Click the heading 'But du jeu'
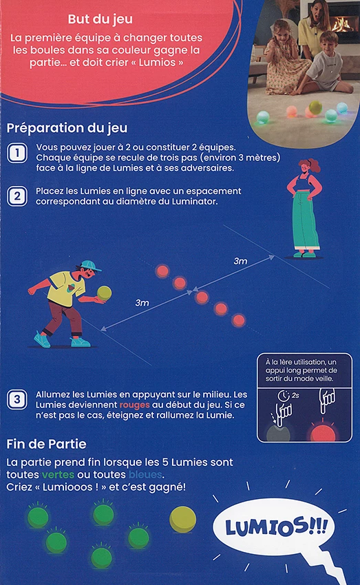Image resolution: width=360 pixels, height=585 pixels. pyautogui.click(x=100, y=19)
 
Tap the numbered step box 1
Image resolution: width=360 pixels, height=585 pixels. pyautogui.click(x=17, y=153)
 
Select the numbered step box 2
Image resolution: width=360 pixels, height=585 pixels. pyautogui.click(x=17, y=196)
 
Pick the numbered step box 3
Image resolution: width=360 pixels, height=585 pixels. pyautogui.click(x=17, y=400)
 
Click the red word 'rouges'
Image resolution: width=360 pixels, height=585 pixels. pyautogui.click(x=134, y=405)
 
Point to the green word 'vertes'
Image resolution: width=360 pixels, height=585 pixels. pyautogui.click(x=58, y=475)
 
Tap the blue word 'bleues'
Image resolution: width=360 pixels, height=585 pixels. pyautogui.click(x=145, y=475)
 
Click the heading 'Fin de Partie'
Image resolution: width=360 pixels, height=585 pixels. pyautogui.click(x=46, y=444)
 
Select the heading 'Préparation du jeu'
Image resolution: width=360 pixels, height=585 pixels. pyautogui.click(x=67, y=128)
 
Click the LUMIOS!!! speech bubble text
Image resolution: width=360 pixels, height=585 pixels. pyautogui.click(x=276, y=527)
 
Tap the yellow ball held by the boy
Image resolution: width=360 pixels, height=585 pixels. pyautogui.click(x=104, y=293)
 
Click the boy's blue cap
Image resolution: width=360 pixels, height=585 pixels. pyautogui.click(x=90, y=265)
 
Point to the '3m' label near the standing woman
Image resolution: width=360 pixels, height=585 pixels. pyautogui.click(x=240, y=261)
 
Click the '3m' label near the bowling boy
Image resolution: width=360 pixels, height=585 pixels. pyautogui.click(x=142, y=303)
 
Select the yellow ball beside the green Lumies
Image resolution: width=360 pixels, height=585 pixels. pyautogui.click(x=183, y=519)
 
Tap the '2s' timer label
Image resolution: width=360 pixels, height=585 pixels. pyautogui.click(x=295, y=395)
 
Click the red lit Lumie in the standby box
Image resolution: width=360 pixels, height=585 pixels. pyautogui.click(x=323, y=432)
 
